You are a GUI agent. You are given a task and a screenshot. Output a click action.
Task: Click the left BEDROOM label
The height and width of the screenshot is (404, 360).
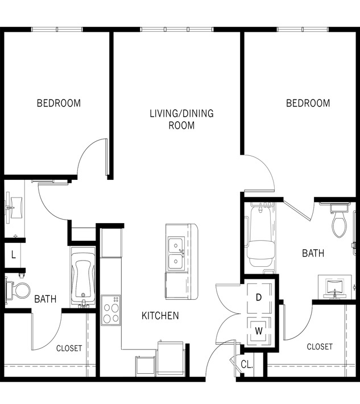59,103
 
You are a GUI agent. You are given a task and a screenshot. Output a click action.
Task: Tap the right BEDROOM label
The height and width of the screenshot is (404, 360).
308,103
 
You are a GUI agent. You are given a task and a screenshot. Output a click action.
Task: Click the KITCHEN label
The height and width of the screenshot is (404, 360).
160,315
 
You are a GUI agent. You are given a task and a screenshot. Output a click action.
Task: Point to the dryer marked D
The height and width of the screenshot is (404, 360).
258,297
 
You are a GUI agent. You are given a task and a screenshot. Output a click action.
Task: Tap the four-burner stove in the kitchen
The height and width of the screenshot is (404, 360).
111,310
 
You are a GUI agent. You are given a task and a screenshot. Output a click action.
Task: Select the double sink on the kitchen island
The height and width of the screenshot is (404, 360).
176,253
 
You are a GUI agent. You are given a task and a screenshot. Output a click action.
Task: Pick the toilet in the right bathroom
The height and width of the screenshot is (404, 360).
339,222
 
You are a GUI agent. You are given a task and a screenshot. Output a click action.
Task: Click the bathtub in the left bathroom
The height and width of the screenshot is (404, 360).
82,277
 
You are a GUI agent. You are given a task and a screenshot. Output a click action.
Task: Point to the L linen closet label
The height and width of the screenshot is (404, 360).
13,255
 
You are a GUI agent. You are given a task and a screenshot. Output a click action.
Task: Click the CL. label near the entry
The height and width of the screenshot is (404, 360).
246,364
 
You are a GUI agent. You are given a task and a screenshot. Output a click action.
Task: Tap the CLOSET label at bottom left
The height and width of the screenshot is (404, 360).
69,348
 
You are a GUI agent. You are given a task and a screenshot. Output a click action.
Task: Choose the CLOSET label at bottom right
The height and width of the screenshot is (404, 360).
320,347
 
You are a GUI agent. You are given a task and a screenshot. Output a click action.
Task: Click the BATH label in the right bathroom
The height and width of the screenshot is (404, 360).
313,253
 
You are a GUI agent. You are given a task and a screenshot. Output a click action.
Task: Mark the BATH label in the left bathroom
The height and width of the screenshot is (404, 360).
45,299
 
